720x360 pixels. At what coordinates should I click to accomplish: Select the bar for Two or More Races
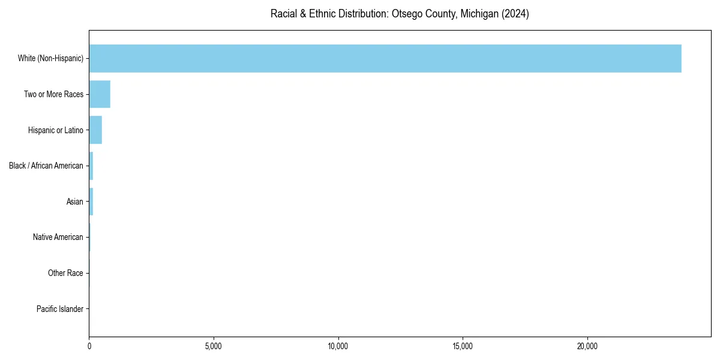click(100, 94)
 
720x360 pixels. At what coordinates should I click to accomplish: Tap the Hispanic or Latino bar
click(95, 130)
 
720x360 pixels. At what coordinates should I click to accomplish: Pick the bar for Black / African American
click(91, 166)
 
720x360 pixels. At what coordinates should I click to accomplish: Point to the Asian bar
click(91, 202)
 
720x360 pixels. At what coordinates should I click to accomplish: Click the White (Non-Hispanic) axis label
click(50, 58)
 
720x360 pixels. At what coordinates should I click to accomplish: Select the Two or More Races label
click(53, 94)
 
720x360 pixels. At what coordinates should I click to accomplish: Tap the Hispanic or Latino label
click(55, 130)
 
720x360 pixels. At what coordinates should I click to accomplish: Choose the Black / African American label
click(46, 166)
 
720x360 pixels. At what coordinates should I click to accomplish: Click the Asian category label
click(74, 202)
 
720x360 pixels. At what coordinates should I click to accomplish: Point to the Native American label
click(58, 238)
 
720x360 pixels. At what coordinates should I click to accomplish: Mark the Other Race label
click(65, 274)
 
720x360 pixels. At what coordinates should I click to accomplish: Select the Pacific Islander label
click(59, 309)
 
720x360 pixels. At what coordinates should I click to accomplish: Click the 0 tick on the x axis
click(89, 346)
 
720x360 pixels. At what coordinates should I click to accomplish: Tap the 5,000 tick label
click(214, 346)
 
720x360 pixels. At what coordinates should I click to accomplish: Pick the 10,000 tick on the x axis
click(338, 346)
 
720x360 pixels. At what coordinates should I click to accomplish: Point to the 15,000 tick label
click(463, 346)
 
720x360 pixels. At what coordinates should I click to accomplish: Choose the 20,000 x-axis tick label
click(587, 346)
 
